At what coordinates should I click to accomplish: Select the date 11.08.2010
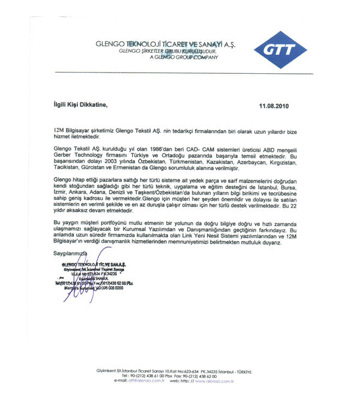pyautogui.click(x=274, y=106)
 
